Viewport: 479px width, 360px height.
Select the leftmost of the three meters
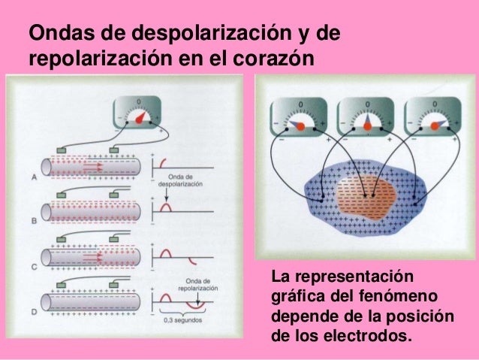tap(297, 118)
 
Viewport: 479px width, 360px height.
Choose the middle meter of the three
tap(363, 118)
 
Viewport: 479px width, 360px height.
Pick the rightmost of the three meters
tap(429, 118)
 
